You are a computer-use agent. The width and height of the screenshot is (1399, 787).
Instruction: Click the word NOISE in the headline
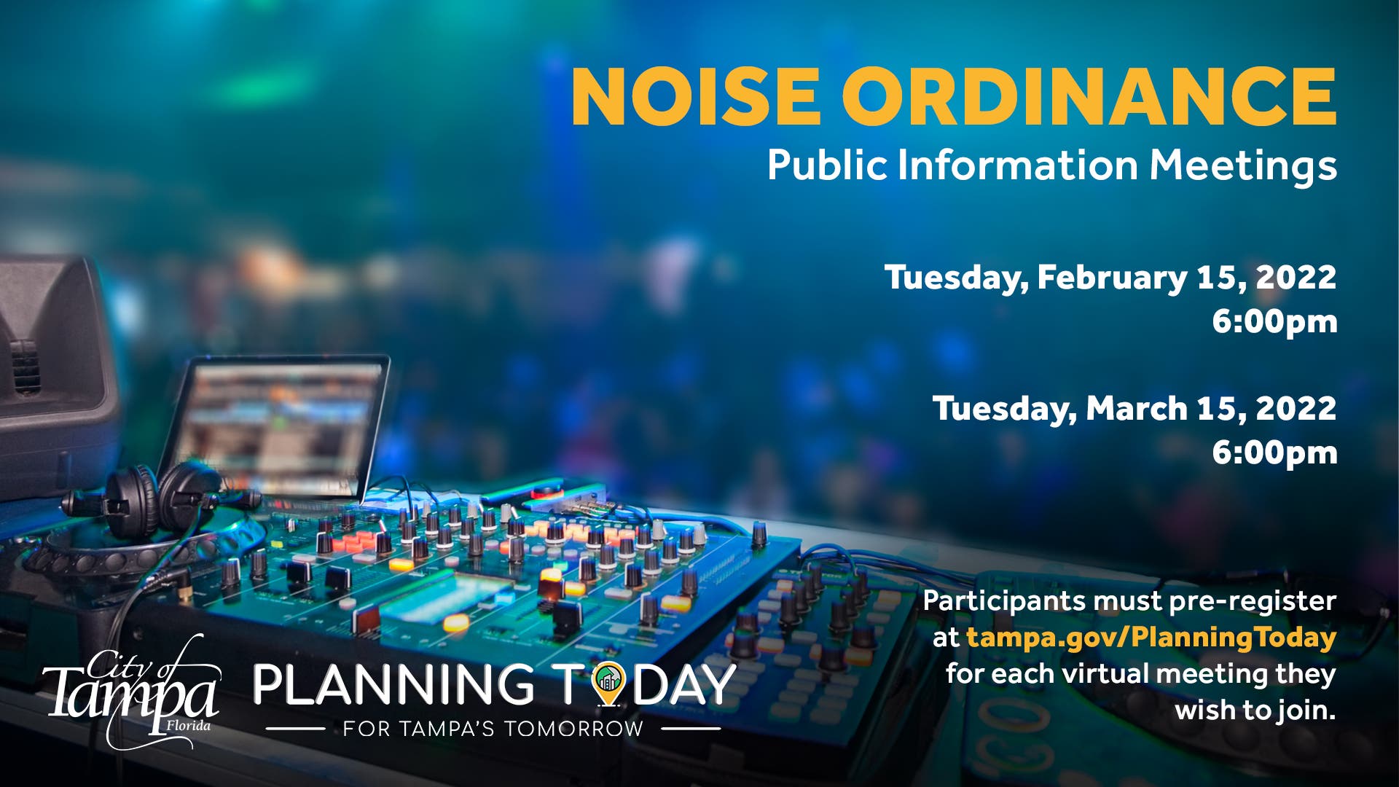[696, 96]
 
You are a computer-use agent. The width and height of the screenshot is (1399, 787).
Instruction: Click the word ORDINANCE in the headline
[1089, 96]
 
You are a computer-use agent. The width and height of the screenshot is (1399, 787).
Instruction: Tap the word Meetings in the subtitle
[1243, 166]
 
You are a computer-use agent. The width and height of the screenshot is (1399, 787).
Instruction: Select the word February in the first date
[1112, 278]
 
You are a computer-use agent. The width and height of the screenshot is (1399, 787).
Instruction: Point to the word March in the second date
[1136, 408]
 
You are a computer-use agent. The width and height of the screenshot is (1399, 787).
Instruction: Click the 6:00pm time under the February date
[1274, 321]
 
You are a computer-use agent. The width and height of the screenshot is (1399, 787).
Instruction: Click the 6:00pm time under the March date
[1274, 453]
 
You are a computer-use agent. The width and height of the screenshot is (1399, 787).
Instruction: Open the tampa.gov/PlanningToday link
[1151, 638]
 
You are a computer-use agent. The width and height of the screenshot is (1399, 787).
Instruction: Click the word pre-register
[1253, 602]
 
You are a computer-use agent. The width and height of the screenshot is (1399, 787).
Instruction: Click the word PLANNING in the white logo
[393, 684]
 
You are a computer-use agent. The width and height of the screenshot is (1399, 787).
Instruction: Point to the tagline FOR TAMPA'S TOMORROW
[493, 729]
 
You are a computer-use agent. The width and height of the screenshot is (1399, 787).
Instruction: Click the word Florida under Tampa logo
[188, 726]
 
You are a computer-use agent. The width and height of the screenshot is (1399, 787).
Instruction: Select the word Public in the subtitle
[827, 165]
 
